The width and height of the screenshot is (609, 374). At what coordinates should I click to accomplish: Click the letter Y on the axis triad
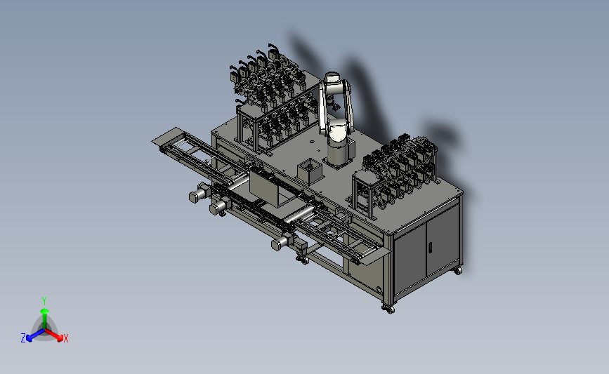[44, 301]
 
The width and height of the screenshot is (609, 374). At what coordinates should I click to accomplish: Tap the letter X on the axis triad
[65, 338]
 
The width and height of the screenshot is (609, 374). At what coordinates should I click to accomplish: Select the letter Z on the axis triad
[23, 338]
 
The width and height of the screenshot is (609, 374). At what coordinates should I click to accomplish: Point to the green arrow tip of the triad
[44, 311]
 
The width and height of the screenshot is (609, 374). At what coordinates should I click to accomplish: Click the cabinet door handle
[431, 247]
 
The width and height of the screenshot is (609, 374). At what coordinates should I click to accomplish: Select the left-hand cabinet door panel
[410, 259]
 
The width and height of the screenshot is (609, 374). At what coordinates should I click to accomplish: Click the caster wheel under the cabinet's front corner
[389, 309]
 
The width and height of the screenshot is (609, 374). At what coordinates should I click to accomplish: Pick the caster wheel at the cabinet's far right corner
[458, 270]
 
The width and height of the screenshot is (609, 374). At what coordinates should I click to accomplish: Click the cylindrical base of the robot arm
[336, 153]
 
